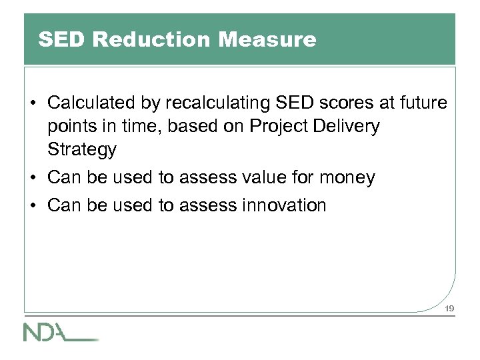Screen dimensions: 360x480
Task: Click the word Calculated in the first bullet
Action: tap(91, 103)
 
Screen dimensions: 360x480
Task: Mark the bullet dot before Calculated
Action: tap(33, 104)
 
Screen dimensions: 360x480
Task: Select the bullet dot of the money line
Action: tap(33, 178)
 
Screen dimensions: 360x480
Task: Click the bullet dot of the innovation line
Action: tap(33, 206)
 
